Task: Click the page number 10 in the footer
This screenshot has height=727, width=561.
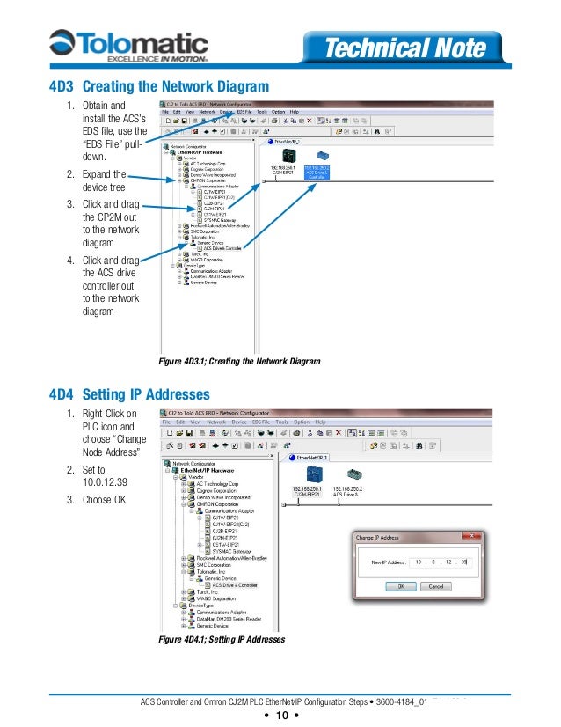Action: point(281,716)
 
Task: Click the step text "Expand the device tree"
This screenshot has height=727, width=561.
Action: point(104,180)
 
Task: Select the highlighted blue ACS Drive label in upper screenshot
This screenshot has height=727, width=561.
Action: point(317,172)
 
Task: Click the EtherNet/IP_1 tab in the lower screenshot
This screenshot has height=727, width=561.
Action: point(312,458)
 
